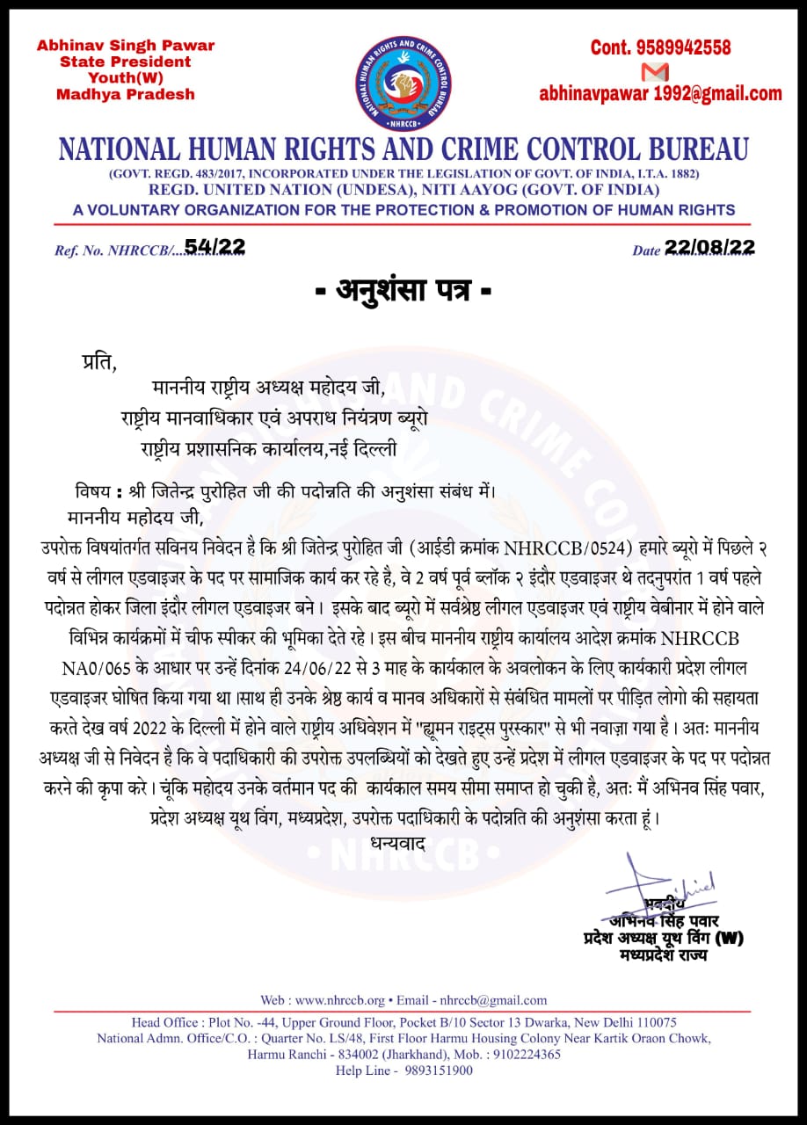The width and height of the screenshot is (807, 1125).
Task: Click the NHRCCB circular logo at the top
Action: pos(403,83)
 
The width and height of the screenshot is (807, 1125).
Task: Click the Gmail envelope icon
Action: pos(655,71)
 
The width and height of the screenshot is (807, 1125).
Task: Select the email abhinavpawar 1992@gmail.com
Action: pos(660,94)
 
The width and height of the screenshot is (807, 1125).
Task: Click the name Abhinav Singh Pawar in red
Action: pos(126,46)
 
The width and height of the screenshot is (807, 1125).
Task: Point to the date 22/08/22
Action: pos(709,248)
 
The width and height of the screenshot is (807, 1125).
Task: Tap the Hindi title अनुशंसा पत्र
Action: pos(403,291)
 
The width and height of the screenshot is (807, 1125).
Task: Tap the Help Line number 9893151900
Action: pos(438,1071)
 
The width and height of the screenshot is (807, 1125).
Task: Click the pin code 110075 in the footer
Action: pos(647,1022)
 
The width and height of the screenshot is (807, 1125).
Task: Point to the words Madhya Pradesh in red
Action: pos(126,94)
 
